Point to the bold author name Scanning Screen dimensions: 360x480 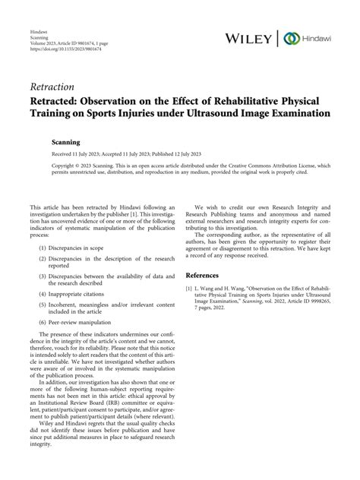click(63, 141)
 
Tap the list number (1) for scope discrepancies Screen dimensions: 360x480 click(37, 248)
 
